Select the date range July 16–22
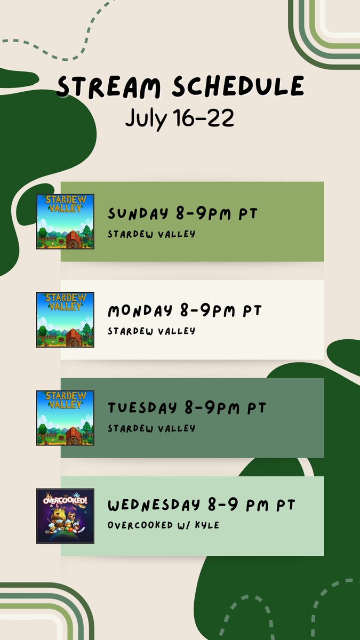point(180,118)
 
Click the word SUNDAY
point(138,214)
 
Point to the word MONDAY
point(140,310)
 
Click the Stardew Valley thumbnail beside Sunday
point(65,221)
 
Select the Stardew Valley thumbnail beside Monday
point(65,319)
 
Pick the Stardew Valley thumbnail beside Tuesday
point(65,418)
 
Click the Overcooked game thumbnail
point(65,516)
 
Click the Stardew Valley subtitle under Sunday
point(151,234)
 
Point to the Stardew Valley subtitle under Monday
point(151,331)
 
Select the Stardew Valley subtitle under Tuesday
point(151,428)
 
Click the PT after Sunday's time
point(247,214)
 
